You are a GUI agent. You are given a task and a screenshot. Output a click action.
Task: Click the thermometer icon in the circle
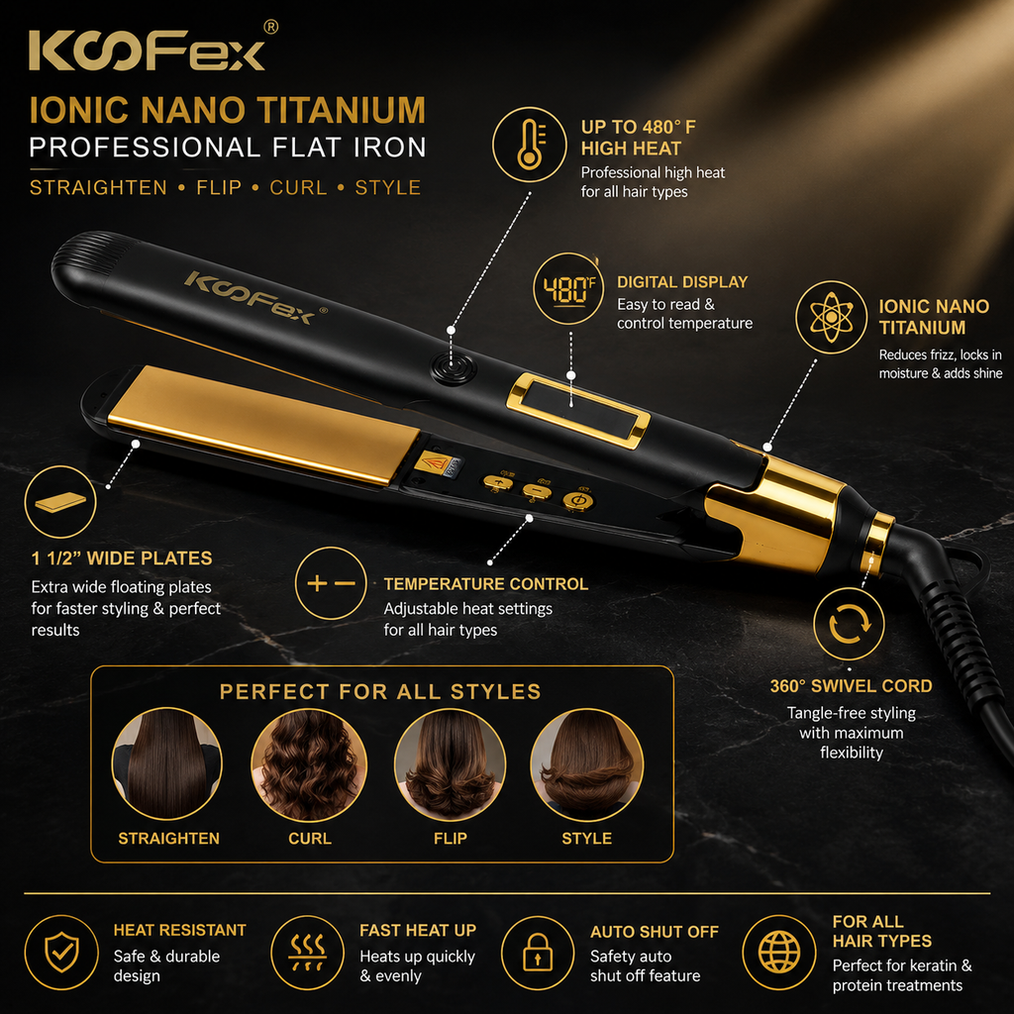coord(530,145)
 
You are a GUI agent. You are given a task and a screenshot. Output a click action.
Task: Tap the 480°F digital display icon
coord(568,288)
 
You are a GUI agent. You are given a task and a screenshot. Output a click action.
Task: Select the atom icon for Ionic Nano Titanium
coord(831,317)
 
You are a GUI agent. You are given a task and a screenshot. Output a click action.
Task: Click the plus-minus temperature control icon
coord(331,583)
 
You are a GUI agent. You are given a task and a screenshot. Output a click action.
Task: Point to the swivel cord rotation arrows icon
coord(849,624)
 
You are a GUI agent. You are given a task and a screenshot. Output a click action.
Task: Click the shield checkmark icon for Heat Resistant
coord(61,952)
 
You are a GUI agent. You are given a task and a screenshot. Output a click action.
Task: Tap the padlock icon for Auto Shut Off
coord(538,953)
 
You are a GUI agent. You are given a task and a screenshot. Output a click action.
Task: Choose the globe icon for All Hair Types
coord(778,953)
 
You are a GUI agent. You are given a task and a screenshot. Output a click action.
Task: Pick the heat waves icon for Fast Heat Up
coord(307,953)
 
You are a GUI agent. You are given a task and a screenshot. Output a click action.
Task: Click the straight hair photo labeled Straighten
coord(166,764)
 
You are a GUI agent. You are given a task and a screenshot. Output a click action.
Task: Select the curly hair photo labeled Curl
coord(309,764)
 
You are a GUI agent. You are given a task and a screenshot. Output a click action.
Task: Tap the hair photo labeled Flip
coord(451,764)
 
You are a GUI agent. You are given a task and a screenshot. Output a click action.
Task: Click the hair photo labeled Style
coord(586,764)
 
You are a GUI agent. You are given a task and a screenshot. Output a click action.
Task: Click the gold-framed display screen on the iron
coord(578,411)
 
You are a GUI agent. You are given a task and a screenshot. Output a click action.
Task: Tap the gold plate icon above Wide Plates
coord(60,502)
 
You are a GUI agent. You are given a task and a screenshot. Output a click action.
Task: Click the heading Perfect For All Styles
coord(380,692)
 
